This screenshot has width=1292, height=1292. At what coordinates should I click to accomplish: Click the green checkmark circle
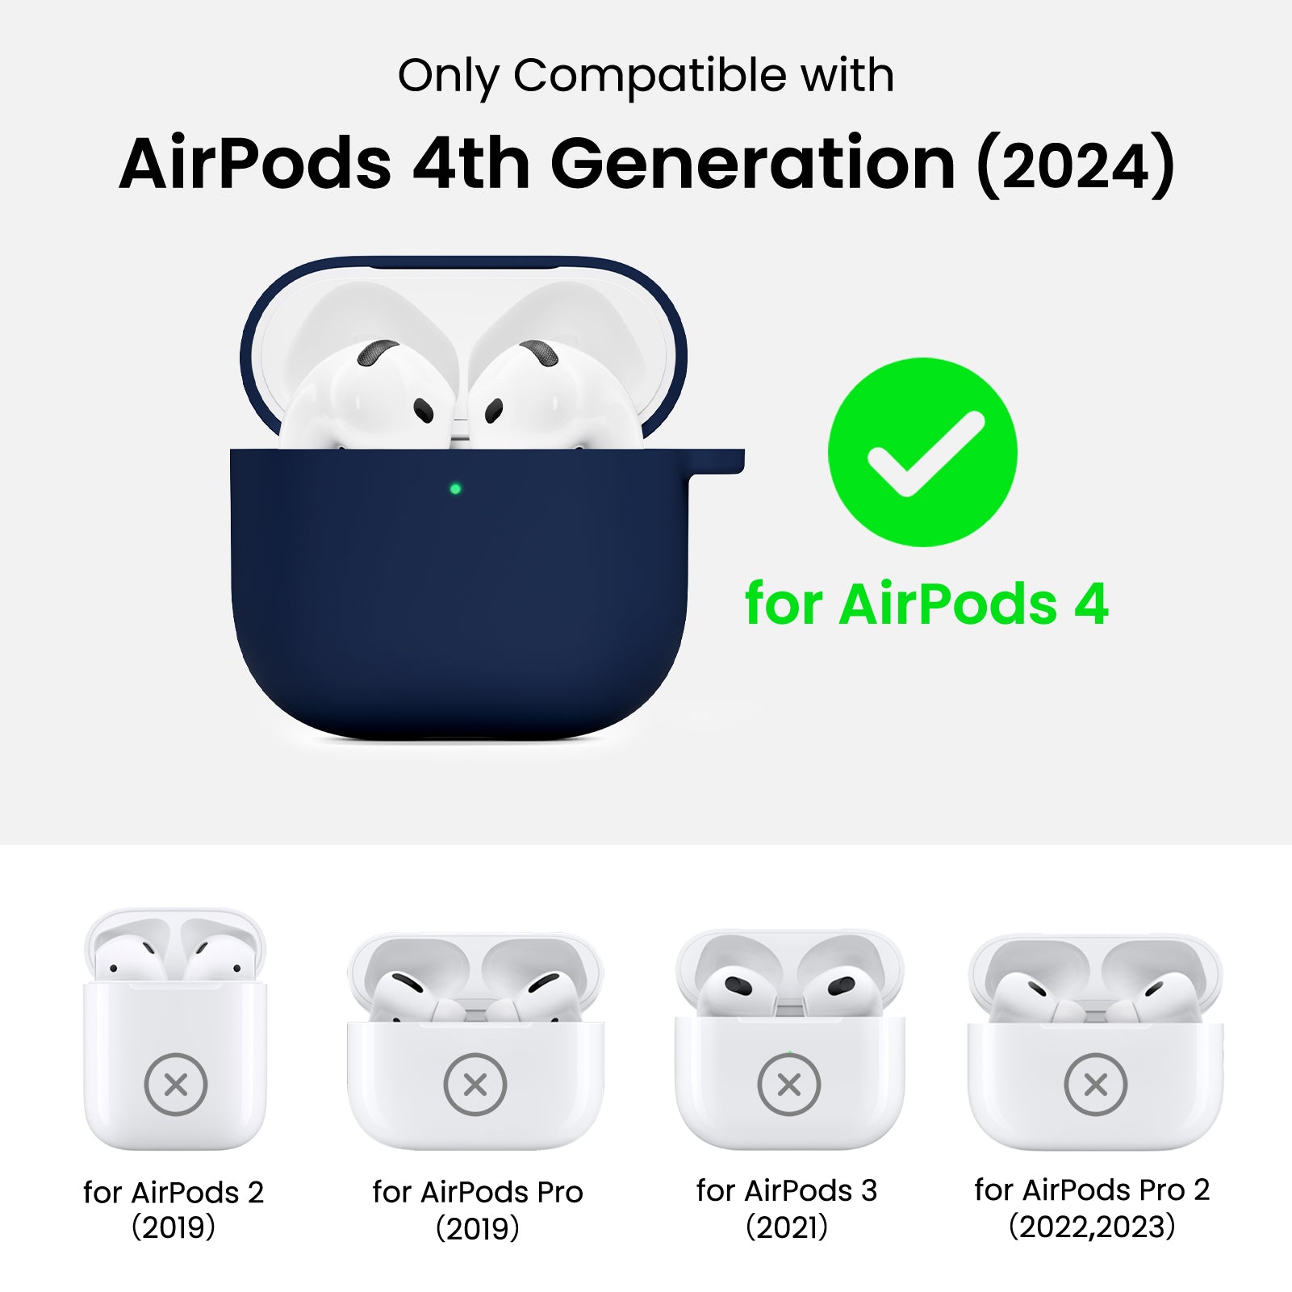[922, 452]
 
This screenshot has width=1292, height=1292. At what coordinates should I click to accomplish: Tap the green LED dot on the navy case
[455, 488]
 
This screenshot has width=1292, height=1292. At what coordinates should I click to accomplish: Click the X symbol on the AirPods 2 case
[176, 1085]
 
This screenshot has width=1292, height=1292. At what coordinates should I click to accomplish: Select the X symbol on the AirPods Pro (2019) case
[475, 1085]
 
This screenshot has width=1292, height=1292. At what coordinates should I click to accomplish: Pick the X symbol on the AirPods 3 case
[789, 1085]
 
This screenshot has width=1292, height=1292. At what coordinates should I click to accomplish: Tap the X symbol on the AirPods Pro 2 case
[1096, 1085]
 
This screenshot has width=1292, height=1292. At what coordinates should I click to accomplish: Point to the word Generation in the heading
[753, 164]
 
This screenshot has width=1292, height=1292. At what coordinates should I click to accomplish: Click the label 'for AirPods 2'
[174, 1192]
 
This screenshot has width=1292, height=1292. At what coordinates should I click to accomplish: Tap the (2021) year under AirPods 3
[787, 1227]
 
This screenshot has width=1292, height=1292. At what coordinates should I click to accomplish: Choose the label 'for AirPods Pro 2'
[1092, 1190]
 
